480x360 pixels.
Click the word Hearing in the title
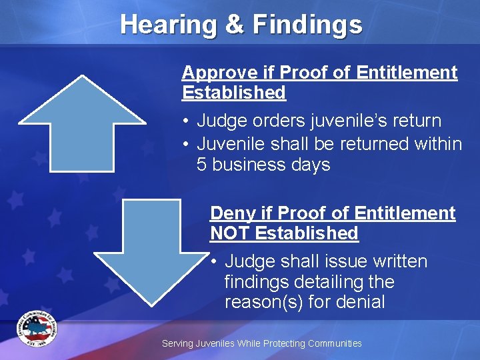167,25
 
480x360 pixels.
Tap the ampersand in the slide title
234,25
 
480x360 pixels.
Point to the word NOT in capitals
230,233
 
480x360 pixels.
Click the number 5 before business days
203,165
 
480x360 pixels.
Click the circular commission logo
38,328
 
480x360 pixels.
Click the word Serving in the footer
177,343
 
